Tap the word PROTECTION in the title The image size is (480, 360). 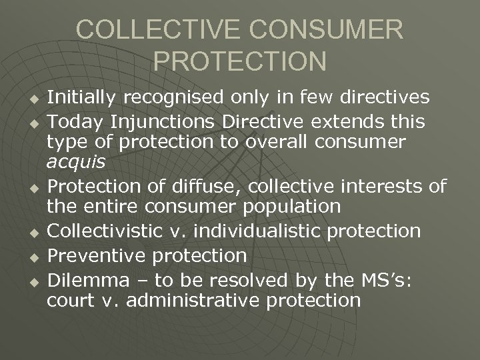(240, 61)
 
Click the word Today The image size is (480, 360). (73, 122)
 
